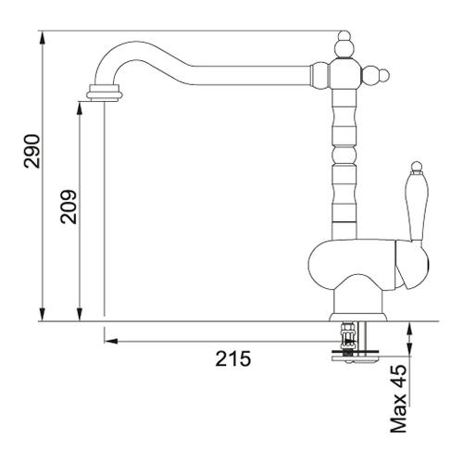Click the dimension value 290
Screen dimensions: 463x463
(x=31, y=151)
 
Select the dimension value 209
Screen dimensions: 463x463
(x=69, y=206)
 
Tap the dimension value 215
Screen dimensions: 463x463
(x=233, y=358)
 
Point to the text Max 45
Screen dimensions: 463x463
(x=398, y=398)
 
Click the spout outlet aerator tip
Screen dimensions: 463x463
(x=105, y=93)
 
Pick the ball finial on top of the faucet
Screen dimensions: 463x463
(x=344, y=45)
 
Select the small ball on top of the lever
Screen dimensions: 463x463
(x=417, y=165)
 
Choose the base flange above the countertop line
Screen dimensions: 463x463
(x=358, y=317)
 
